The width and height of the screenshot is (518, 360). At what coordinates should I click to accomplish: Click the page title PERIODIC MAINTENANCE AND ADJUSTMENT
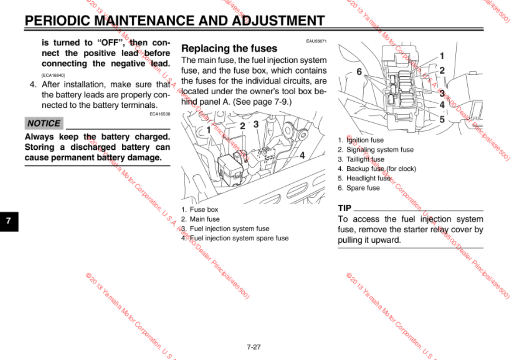click(x=174, y=21)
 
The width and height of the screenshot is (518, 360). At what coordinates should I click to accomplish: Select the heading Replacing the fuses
click(x=229, y=48)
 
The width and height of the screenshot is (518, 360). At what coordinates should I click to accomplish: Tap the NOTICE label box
click(x=44, y=123)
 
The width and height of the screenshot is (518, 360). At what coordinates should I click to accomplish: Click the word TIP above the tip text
click(x=344, y=208)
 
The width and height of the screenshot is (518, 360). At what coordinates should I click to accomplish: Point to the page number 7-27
click(x=254, y=347)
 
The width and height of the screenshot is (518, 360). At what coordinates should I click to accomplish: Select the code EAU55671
click(x=316, y=41)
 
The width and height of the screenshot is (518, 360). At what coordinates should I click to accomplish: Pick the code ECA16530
click(x=160, y=114)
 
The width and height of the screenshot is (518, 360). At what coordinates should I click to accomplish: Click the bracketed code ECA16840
click(x=53, y=75)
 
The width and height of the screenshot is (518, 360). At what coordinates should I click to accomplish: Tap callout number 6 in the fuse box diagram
click(x=359, y=72)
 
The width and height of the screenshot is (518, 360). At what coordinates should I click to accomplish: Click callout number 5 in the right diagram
click(x=442, y=119)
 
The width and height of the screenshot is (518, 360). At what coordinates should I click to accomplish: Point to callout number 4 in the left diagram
click(x=302, y=155)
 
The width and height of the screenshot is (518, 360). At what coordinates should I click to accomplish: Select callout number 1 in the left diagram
click(x=208, y=129)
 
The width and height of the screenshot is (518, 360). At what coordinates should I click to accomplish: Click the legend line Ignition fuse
click(x=361, y=140)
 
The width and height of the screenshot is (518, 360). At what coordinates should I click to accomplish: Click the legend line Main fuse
click(x=201, y=219)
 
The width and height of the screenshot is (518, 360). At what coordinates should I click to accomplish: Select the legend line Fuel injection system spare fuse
click(x=235, y=238)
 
